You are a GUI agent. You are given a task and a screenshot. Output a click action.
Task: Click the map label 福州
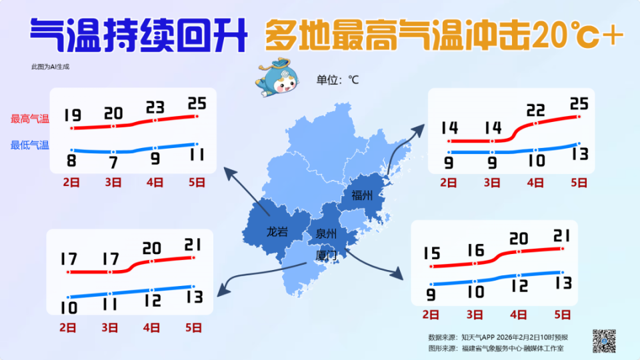click(362, 195)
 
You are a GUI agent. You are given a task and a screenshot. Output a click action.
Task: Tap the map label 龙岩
click(277, 232)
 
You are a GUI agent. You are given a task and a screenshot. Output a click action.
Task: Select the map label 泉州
click(326, 234)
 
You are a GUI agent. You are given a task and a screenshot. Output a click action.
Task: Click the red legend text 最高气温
click(30, 119)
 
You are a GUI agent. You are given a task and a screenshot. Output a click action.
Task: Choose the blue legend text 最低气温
click(30, 145)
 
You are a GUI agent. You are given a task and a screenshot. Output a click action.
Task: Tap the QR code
click(604, 341)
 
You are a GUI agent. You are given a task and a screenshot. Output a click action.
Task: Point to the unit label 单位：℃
click(337, 80)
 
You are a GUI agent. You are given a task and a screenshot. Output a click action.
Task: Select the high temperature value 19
click(73, 115)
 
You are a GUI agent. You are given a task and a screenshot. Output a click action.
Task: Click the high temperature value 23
click(155, 107)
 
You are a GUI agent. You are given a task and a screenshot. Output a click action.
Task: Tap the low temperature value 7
click(113, 162)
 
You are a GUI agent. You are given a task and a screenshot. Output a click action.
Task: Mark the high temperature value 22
click(535, 110)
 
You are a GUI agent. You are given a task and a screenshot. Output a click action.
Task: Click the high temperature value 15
click(431, 254)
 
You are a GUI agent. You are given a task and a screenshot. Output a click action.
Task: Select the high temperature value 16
click(475, 251)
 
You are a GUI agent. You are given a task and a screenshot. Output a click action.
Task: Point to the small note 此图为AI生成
click(50, 67)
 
